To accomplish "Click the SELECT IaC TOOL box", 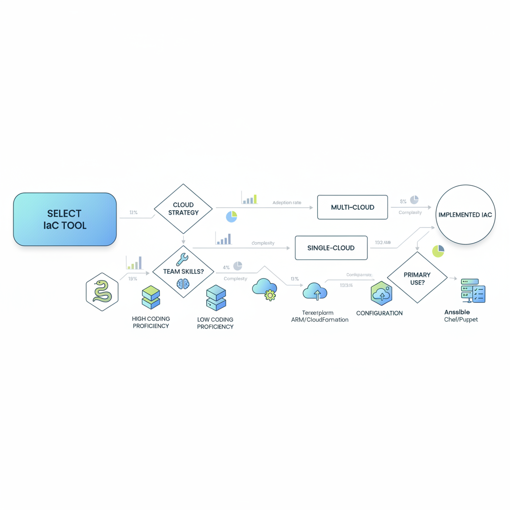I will click(65, 220).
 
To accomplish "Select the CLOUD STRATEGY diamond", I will click(183, 209).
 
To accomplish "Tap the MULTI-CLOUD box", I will click(352, 207).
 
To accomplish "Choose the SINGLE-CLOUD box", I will click(331, 248).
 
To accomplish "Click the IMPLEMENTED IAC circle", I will click(465, 215).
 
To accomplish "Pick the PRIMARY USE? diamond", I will click(417, 278).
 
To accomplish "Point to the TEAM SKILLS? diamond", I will click(183, 271).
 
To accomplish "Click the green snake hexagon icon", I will click(102, 291).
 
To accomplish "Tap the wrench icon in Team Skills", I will click(182, 259).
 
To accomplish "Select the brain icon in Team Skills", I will click(183, 283).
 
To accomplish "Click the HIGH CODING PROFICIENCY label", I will click(150, 322).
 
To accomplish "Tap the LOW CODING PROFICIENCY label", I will click(215, 323).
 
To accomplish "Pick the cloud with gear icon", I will click(264, 289).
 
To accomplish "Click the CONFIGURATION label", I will click(380, 313).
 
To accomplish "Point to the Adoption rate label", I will click(287, 203).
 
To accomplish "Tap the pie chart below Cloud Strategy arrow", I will click(231, 217).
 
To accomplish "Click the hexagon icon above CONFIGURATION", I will click(382, 293).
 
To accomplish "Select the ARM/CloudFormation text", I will click(320, 320).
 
